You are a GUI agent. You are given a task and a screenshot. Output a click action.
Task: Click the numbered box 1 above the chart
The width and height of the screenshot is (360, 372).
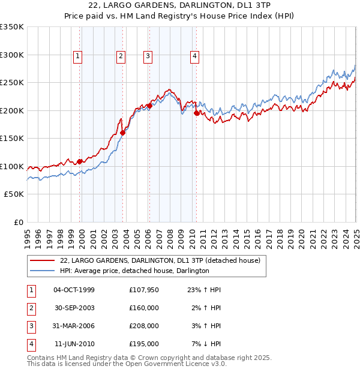[x=78, y=57]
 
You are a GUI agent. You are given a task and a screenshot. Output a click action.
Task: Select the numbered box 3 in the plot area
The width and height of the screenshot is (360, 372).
[x=148, y=57]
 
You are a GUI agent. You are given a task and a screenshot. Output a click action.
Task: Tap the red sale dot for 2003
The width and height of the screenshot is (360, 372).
[x=122, y=133]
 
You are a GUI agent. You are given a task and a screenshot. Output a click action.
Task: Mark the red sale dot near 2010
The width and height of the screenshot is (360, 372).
[x=196, y=113]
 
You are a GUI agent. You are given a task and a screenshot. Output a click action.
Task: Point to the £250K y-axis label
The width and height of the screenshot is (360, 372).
[x=12, y=83]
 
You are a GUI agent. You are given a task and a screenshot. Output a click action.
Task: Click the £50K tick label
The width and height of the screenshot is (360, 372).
[x=14, y=194]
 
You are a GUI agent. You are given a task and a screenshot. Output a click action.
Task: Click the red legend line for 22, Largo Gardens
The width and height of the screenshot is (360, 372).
[x=43, y=261]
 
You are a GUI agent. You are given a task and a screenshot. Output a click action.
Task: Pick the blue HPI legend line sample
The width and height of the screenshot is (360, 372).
[x=43, y=271]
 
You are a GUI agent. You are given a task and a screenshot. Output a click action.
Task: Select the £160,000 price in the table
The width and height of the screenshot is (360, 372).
[x=144, y=308]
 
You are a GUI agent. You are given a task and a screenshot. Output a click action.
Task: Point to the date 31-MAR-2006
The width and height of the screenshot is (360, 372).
[x=74, y=326]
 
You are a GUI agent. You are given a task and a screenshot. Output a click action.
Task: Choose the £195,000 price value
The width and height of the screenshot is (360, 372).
[x=144, y=344]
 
